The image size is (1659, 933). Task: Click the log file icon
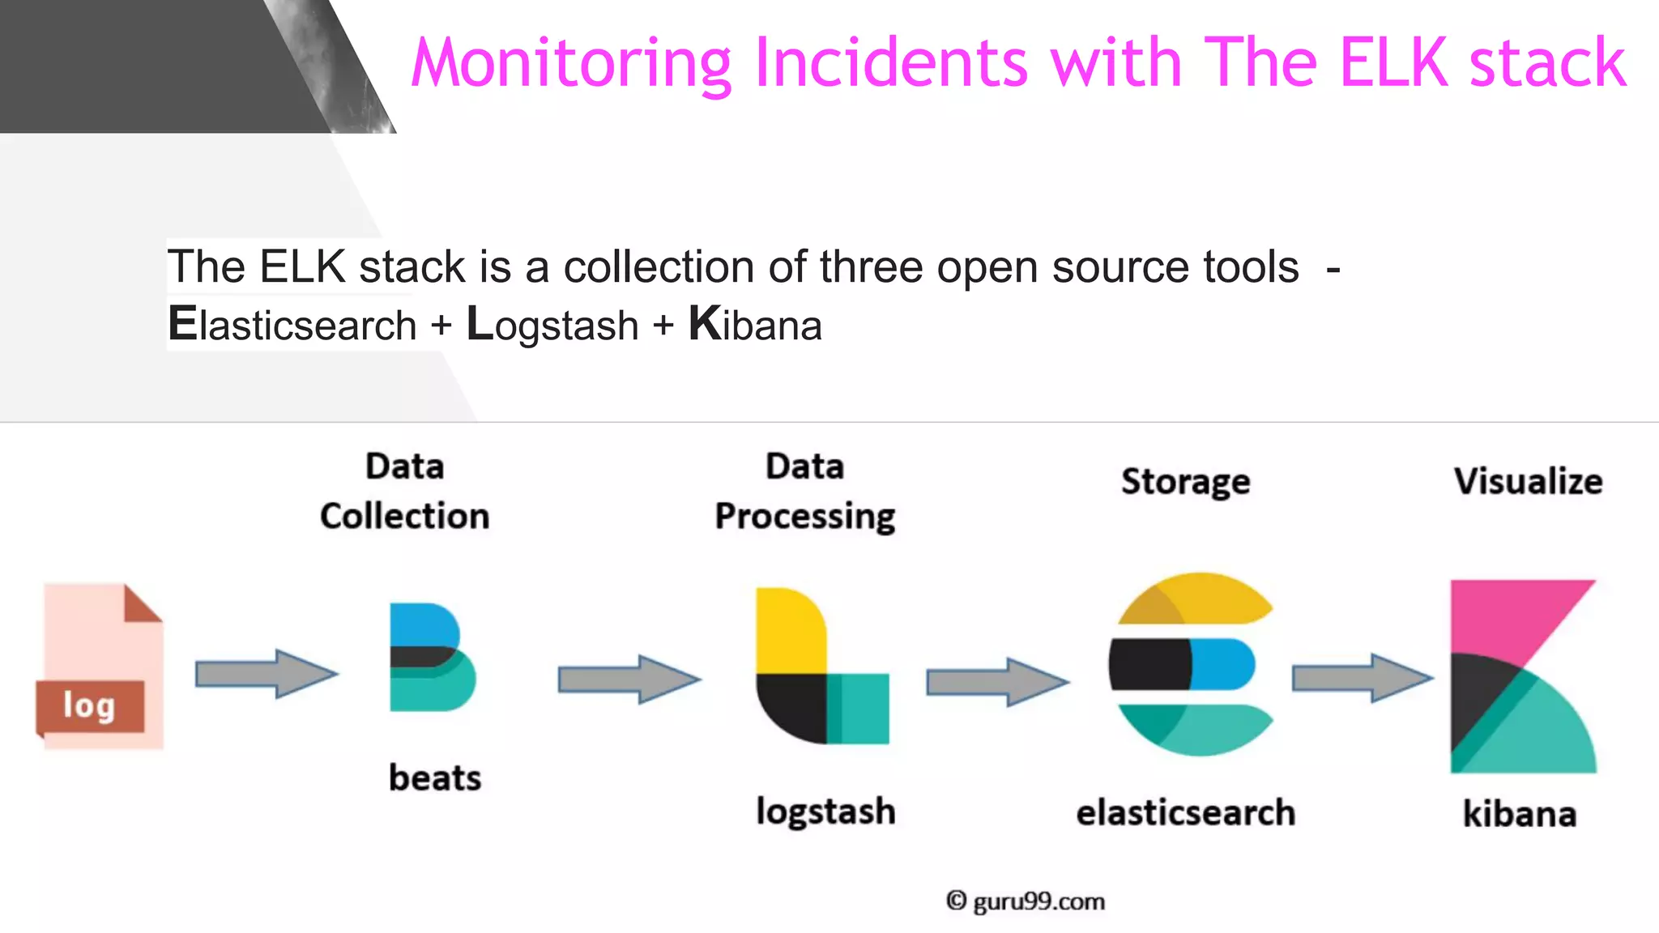pyautogui.click(x=100, y=666)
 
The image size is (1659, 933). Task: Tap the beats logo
pyautogui.click(x=432, y=657)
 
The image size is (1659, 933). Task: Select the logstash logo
pyautogui.click(x=821, y=666)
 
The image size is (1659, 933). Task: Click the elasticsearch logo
pyautogui.click(x=1191, y=664)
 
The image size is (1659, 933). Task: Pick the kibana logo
pyautogui.click(x=1523, y=675)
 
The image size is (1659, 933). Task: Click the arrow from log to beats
pyautogui.click(x=267, y=673)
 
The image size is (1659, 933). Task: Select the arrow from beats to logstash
pyautogui.click(x=629, y=679)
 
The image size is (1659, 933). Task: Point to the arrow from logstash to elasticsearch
pyautogui.click(x=997, y=682)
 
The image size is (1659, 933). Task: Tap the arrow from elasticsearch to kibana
pyautogui.click(x=1362, y=677)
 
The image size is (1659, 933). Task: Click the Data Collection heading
pyautogui.click(x=405, y=492)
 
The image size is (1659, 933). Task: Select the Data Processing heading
pyautogui.click(x=805, y=492)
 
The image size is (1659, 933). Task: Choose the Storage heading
pyautogui.click(x=1186, y=482)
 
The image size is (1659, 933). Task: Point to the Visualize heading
pyautogui.click(x=1528, y=481)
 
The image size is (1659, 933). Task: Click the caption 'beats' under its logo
pyautogui.click(x=435, y=777)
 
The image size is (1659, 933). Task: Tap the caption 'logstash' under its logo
pyautogui.click(x=825, y=812)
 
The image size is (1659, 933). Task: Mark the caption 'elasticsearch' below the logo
pyautogui.click(x=1186, y=812)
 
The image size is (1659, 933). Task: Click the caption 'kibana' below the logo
pyautogui.click(x=1520, y=813)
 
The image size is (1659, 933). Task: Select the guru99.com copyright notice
pyautogui.click(x=1026, y=901)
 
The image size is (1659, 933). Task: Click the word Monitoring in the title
pyautogui.click(x=572, y=63)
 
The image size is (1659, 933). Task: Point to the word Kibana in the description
pyautogui.click(x=755, y=325)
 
